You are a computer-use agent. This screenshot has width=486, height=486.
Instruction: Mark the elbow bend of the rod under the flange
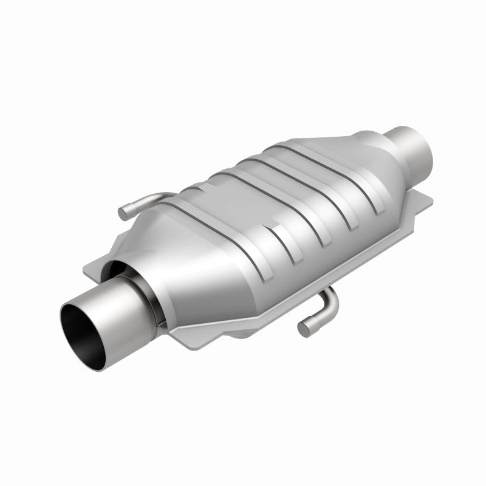(330, 298)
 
